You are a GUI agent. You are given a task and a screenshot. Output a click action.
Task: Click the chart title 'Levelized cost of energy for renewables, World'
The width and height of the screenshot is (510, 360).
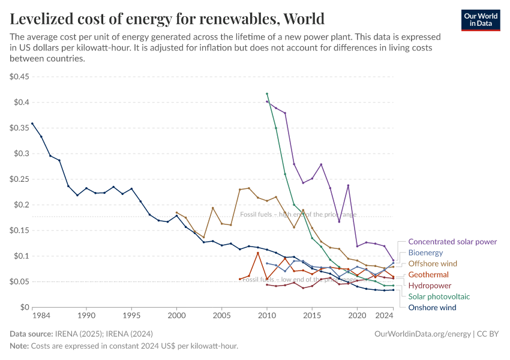click(x=167, y=19)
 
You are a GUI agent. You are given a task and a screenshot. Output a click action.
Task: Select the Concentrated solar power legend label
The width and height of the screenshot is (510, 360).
click(x=452, y=242)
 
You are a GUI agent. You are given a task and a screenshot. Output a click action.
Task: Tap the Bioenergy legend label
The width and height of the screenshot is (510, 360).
click(x=425, y=253)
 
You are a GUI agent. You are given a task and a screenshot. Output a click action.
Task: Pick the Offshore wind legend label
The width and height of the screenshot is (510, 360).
click(x=433, y=263)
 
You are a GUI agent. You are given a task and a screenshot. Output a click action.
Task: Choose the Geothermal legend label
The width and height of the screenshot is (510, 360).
click(x=428, y=275)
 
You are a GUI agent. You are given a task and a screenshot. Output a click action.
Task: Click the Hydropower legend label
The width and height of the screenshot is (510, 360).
click(x=430, y=286)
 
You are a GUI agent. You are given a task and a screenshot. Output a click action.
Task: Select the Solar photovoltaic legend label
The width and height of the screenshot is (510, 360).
click(x=439, y=296)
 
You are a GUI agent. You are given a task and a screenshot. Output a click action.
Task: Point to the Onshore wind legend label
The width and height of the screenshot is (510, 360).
click(x=432, y=308)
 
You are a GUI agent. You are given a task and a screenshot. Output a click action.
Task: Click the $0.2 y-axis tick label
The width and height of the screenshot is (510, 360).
click(x=21, y=205)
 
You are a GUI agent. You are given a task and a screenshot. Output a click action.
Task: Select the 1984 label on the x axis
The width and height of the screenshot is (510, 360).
click(x=41, y=315)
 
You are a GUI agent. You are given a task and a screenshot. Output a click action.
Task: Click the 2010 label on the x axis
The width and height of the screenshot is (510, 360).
click(x=267, y=315)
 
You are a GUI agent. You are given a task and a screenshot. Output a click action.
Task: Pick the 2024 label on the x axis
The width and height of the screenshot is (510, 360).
click(x=384, y=315)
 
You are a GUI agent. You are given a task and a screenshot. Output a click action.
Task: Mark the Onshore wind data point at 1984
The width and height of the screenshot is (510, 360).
click(x=32, y=124)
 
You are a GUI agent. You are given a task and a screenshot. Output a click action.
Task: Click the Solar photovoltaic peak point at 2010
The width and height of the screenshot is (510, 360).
click(x=267, y=94)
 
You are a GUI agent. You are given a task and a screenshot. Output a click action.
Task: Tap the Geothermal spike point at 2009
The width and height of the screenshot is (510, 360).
click(x=258, y=253)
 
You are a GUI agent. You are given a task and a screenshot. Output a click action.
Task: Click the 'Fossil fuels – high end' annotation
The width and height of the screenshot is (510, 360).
click(x=298, y=214)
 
